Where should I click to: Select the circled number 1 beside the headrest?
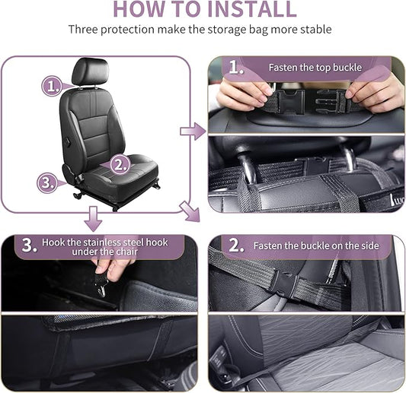point(51,85)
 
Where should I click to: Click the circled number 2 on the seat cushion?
point(119,163)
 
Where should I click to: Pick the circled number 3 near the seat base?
point(47,182)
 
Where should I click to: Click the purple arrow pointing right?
point(193,132)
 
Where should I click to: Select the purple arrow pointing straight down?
point(93,219)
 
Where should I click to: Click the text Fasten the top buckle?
point(315,68)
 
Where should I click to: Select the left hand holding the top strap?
point(242,94)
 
